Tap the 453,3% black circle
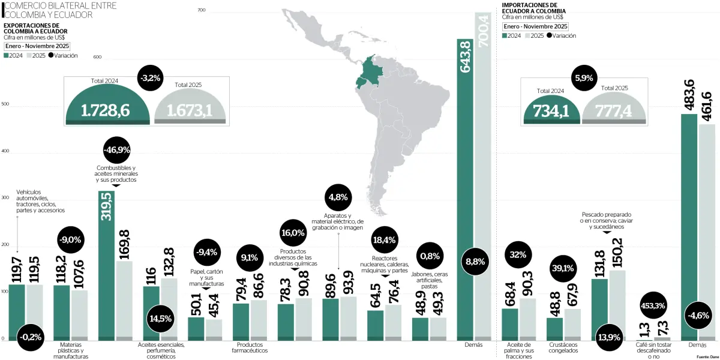click(653, 306)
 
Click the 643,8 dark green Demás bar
click(466, 192)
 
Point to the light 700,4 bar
click(483, 180)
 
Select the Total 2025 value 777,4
click(614, 111)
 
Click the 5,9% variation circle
click(584, 77)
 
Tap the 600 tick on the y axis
click(98, 58)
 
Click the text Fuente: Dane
click(707, 356)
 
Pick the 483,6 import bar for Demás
click(689, 228)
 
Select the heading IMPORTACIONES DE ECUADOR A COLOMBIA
click(533, 8)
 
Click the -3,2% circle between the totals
click(150, 77)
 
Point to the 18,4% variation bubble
click(385, 240)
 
